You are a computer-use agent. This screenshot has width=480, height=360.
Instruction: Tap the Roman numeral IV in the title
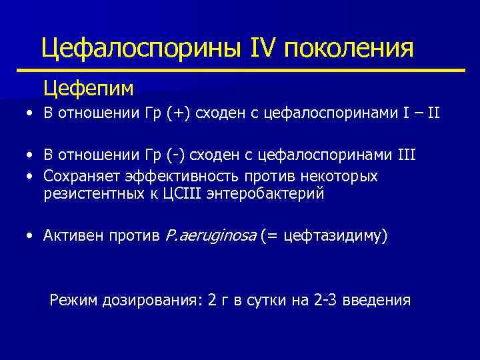(267, 49)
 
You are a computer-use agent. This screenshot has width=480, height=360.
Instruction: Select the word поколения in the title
(353, 49)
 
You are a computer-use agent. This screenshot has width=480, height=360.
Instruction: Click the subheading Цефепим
(89, 87)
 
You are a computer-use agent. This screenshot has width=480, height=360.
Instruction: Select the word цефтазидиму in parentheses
(333, 235)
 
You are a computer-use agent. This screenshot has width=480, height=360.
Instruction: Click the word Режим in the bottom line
(74, 300)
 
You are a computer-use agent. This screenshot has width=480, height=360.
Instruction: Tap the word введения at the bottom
(379, 300)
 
